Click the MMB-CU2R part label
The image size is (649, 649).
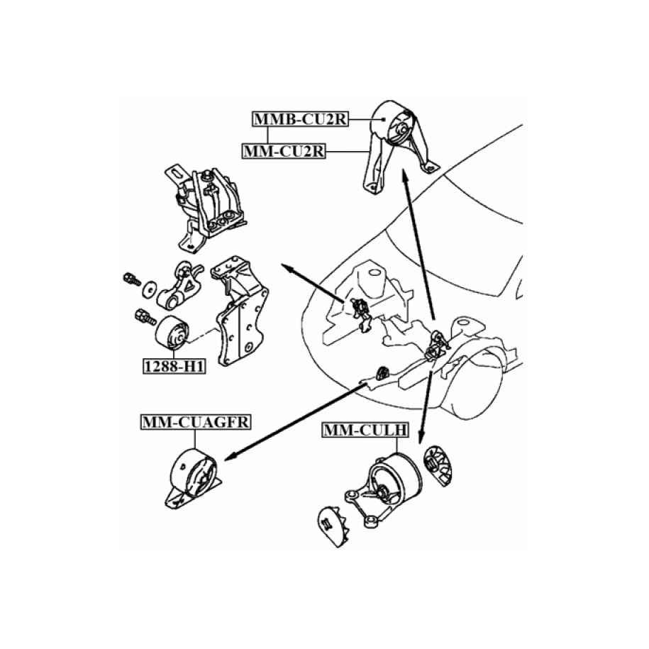[x=301, y=118]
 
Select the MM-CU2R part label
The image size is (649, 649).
[x=284, y=151]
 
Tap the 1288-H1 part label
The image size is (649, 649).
[x=174, y=366]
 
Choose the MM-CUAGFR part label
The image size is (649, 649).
[x=196, y=422]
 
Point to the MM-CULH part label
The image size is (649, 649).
[x=365, y=430]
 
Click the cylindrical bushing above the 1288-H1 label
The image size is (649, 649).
[x=172, y=333]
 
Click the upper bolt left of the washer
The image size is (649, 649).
[x=132, y=279]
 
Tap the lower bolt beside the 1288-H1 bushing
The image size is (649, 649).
[x=145, y=317]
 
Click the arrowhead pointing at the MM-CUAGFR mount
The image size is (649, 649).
[x=229, y=457]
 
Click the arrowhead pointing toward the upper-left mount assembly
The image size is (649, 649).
[x=287, y=267]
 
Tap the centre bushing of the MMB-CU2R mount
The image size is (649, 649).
[x=401, y=128]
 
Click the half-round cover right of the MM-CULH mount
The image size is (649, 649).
[x=438, y=466]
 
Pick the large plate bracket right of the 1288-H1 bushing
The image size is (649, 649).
[x=240, y=311]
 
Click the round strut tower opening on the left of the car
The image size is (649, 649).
[x=375, y=272]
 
